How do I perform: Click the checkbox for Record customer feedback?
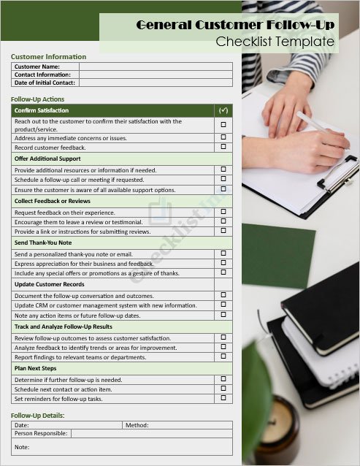coord(223,147)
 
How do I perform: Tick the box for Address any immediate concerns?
coord(223,137)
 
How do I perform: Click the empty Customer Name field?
coord(156,66)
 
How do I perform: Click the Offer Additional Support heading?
coord(47,158)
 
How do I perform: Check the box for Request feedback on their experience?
coord(223,213)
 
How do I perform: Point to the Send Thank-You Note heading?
coord(43,242)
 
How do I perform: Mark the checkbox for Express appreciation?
coord(223,263)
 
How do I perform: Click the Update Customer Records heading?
coord(49,284)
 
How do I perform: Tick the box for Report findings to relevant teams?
coord(223,357)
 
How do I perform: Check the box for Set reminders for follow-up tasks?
coord(223,399)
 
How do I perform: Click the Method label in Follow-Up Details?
coord(137,424)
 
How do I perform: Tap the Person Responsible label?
coord(41,433)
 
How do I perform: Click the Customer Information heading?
coord(48,56)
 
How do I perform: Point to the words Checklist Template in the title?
coord(275,42)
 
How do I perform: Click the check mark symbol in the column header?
coord(223,110)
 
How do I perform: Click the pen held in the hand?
coord(321,131)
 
